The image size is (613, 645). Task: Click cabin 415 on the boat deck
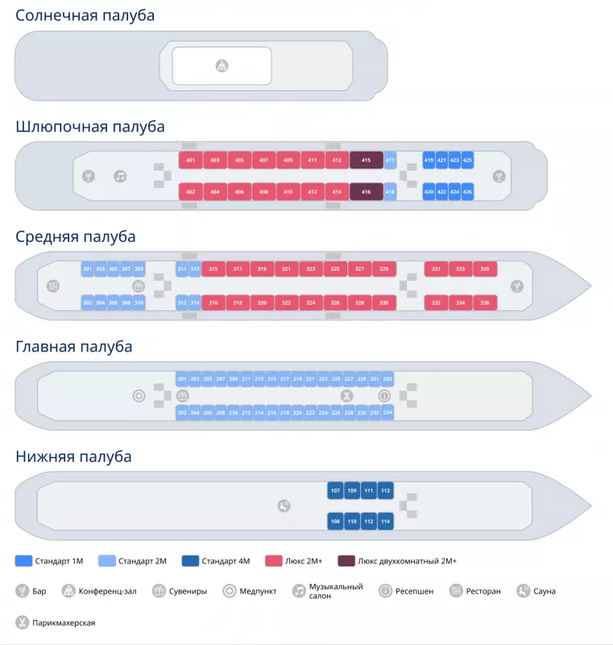pos(366,160)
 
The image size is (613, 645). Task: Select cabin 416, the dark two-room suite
pos(366,192)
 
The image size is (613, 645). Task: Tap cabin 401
pos(190,160)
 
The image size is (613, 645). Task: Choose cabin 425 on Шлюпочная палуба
pos(467,160)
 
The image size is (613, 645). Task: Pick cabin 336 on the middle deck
pos(485,302)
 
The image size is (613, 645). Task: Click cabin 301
pos(87,268)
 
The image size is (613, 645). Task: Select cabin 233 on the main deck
pos(387,379)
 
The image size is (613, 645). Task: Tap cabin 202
pos(182,413)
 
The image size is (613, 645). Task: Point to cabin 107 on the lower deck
pos(335,490)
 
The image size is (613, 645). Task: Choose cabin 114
pos(385,522)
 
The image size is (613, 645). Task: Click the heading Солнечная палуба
pos(85,15)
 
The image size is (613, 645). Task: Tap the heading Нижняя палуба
pos(73,457)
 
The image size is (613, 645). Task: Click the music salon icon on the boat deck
pos(120,176)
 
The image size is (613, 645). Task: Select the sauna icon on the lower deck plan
pos(284,506)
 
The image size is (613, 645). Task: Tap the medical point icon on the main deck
pos(139,396)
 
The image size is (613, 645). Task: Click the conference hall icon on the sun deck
pos(222,65)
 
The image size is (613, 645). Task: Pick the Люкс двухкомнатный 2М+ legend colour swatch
pos(346,560)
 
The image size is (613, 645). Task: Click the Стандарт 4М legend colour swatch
pos(190,560)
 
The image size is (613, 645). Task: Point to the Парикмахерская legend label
pos(64,622)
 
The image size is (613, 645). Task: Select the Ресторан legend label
pos(484,591)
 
